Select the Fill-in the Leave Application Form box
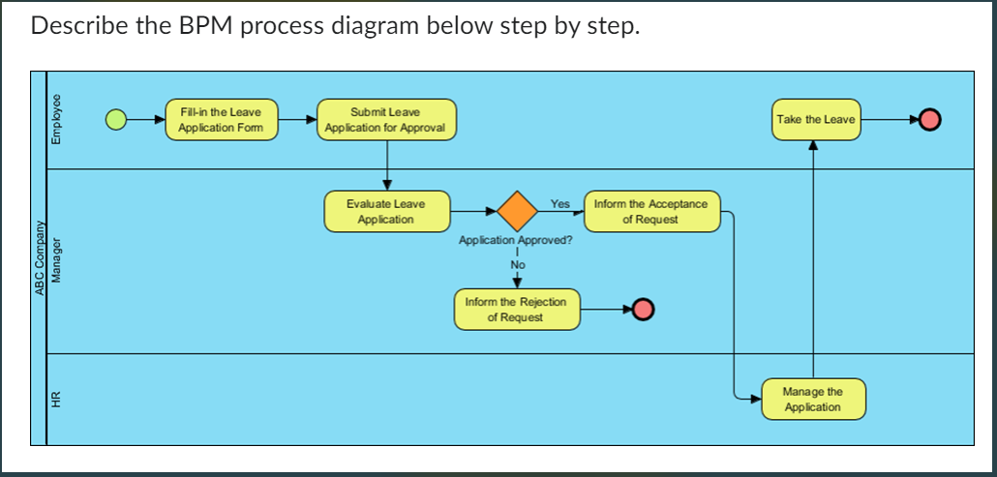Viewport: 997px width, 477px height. click(221, 120)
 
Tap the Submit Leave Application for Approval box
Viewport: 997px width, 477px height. click(385, 120)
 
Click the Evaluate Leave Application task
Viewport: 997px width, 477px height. click(385, 212)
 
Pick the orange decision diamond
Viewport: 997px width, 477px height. click(518, 210)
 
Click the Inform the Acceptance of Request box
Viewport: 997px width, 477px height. click(650, 211)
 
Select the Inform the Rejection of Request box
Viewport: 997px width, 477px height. click(516, 310)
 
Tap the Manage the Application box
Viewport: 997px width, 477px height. click(813, 399)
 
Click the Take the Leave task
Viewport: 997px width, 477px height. click(815, 119)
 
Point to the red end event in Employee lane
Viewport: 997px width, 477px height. click(929, 120)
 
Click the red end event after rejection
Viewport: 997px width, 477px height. click(644, 311)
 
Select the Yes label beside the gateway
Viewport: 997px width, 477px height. click(559, 203)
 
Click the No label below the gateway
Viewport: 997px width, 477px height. click(518, 264)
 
